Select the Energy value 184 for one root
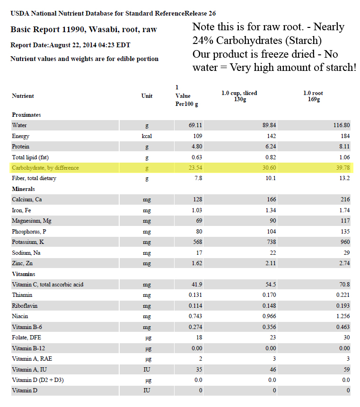tap(344, 136)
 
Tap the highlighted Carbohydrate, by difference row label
tap(45, 168)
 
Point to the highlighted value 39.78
tap(342, 168)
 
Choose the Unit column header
tap(147, 96)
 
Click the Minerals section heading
tap(24, 189)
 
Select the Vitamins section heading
tap(23, 274)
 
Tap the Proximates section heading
tap(26, 115)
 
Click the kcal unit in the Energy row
tap(147, 136)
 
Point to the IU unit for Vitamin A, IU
tap(147, 370)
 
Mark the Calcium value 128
tap(197, 199)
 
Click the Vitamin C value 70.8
tap(343, 285)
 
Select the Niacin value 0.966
tap(269, 316)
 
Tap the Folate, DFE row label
tap(27, 338)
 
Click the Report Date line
tap(70, 45)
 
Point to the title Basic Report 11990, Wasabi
tap(84, 30)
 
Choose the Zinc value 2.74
tap(343, 263)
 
